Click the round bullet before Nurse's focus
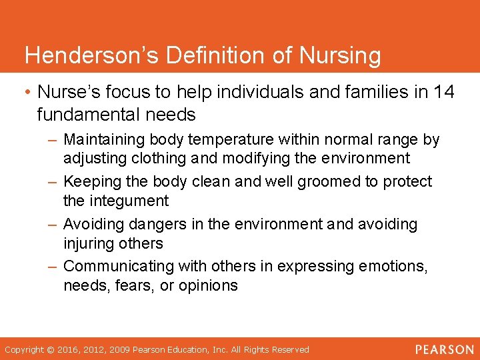click(x=28, y=93)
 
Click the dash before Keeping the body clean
click(x=53, y=181)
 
